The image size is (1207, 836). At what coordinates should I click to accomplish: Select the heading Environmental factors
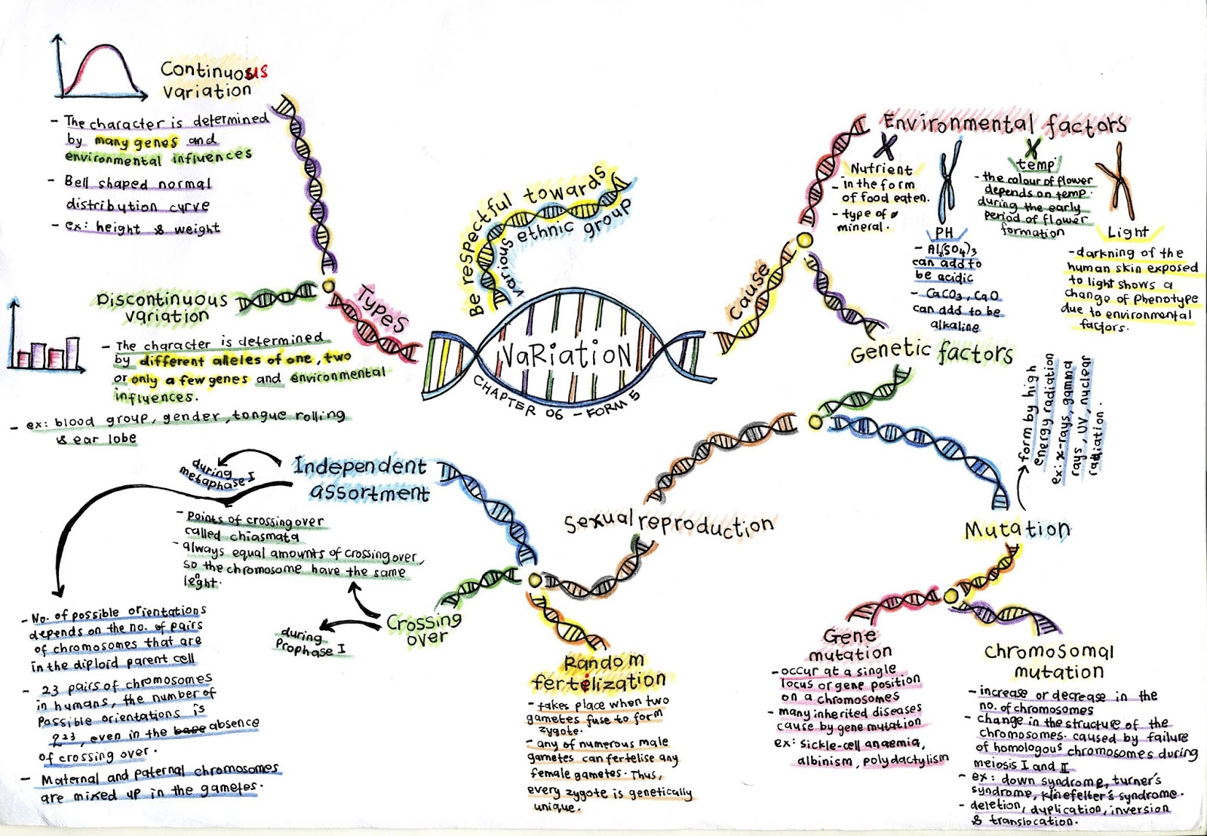(x=1005, y=124)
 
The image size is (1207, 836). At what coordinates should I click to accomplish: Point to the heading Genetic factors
(x=931, y=351)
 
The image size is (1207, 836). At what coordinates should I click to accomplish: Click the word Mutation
(x=1017, y=530)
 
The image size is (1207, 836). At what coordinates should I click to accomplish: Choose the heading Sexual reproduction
(x=668, y=523)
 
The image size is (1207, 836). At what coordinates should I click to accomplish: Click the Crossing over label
(x=424, y=629)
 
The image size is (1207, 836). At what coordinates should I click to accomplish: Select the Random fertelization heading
(x=598, y=672)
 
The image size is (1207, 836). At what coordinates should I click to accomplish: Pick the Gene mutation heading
(x=850, y=644)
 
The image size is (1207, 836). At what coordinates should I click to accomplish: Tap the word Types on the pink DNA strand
(x=382, y=309)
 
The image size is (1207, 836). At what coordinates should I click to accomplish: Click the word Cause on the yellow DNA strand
(x=749, y=293)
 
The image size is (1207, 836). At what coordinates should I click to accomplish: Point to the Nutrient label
(x=881, y=169)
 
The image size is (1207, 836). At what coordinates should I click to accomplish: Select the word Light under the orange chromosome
(x=1127, y=232)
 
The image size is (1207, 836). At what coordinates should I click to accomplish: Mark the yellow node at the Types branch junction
(x=328, y=287)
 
